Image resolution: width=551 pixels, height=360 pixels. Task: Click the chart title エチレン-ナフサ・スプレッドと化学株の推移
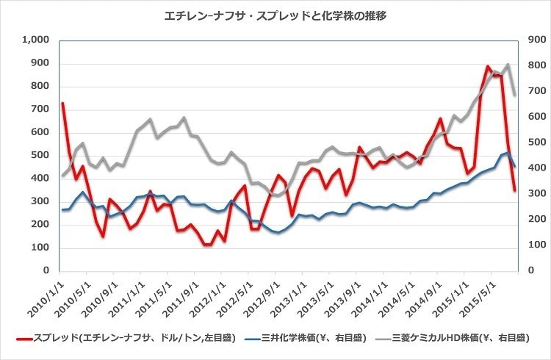275,15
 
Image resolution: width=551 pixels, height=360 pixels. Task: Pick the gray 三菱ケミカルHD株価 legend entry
455,339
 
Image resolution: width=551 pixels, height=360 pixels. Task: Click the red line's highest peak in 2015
488,66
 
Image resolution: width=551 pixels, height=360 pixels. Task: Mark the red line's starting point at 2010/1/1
62,104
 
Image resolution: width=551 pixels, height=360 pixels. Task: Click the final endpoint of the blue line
515,167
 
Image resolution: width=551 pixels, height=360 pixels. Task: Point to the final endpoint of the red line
515,191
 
